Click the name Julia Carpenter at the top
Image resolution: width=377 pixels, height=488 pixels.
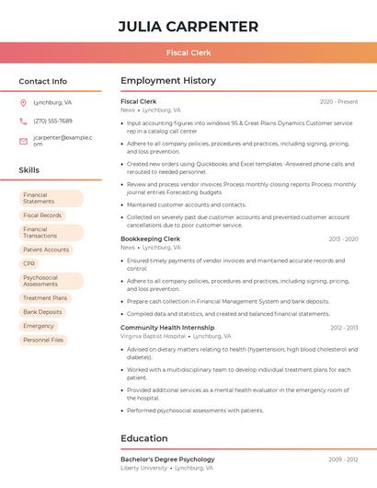(x=188, y=27)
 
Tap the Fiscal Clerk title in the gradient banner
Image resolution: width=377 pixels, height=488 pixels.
(x=188, y=52)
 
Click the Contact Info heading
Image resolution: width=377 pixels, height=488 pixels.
(x=43, y=81)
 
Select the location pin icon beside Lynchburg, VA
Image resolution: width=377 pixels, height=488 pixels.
(x=23, y=103)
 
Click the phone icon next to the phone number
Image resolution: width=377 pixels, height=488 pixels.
(x=23, y=121)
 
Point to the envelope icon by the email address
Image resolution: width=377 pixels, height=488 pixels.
(x=23, y=141)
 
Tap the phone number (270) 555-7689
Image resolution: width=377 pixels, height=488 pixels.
(x=52, y=121)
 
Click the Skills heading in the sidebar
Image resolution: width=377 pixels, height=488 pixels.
(x=29, y=170)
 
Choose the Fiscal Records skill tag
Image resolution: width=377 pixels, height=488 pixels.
(x=42, y=215)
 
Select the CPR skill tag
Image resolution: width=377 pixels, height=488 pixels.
(x=29, y=263)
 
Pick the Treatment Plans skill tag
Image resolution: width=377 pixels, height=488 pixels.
(x=45, y=298)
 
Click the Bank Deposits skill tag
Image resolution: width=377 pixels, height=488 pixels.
(x=42, y=312)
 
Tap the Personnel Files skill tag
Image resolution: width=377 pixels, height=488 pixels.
(x=43, y=340)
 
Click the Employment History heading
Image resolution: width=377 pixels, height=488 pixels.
(x=168, y=81)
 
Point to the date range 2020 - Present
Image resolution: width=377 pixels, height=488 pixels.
(x=338, y=101)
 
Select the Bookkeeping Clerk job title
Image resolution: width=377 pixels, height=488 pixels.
(x=150, y=238)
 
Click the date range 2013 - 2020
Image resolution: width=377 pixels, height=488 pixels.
(x=343, y=239)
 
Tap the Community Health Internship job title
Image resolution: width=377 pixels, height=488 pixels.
(x=167, y=328)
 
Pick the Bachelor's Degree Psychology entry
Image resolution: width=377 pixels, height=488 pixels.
(x=167, y=459)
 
